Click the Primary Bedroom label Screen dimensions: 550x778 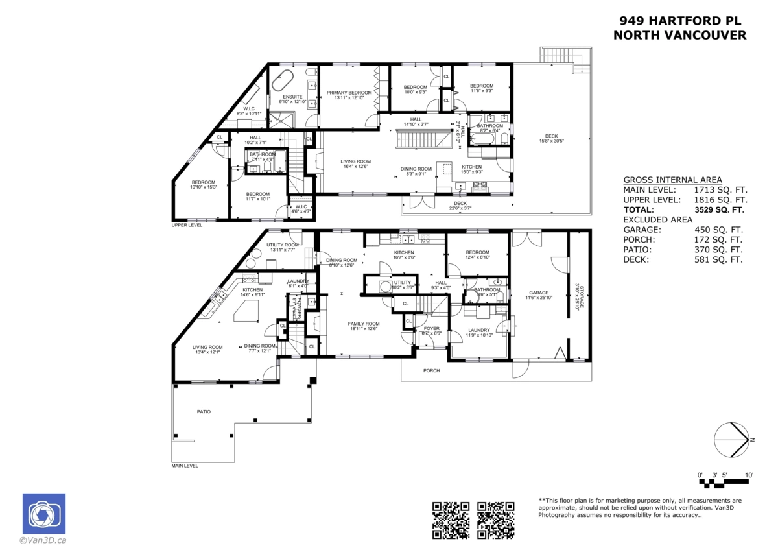coord(349,93)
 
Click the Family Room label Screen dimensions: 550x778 coord(363,324)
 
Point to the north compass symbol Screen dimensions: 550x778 coord(733,440)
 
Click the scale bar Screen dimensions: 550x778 coord(725,481)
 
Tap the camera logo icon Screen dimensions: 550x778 coord(43,514)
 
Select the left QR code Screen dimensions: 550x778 coord(451,520)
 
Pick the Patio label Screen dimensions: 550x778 coord(204,411)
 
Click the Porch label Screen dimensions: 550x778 coord(431,370)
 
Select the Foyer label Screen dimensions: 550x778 coord(432,328)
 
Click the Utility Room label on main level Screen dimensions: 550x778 coord(282,245)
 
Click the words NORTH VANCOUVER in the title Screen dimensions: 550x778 coord(679,36)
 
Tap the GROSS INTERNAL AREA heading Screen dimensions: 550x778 coord(672,180)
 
